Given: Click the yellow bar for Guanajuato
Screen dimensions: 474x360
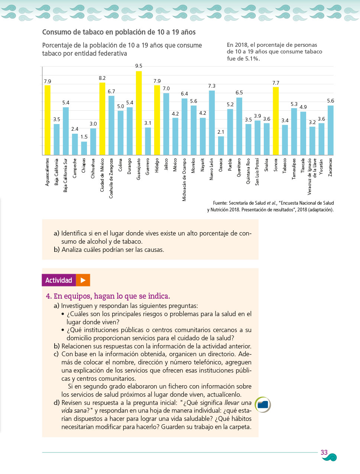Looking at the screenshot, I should click(x=139, y=113).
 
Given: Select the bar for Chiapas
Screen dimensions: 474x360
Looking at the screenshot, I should click(x=84, y=148).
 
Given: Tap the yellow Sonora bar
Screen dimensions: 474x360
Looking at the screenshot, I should click(x=276, y=121).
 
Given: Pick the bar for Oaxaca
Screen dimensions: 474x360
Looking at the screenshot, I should click(x=221, y=146).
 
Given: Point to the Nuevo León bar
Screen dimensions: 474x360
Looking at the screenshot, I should click(x=212, y=123).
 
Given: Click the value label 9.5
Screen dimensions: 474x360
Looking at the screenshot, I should click(x=139, y=66).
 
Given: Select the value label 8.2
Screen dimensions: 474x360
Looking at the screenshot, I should click(x=102, y=78).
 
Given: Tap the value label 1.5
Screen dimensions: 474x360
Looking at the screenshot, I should click(x=84, y=137).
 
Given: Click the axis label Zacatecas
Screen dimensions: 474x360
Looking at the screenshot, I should click(x=330, y=167).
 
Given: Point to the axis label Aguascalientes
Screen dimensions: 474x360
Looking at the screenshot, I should click(x=47, y=172).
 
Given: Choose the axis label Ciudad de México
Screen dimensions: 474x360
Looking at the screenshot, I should click(x=102, y=175).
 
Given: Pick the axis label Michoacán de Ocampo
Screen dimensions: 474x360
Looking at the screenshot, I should click(x=184, y=180).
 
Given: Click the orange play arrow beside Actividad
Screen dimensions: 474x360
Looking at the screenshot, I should click(x=83, y=280).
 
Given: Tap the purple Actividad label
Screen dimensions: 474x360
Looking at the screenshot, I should click(x=59, y=280).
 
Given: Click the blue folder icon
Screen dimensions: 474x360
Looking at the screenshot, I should click(x=263, y=405).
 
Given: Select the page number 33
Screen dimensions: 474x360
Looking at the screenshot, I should click(x=324, y=452).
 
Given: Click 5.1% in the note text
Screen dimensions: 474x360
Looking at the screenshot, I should click(x=252, y=59).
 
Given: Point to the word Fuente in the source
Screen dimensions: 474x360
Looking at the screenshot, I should click(x=220, y=203).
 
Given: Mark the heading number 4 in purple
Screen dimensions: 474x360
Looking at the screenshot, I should click(x=48, y=296).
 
